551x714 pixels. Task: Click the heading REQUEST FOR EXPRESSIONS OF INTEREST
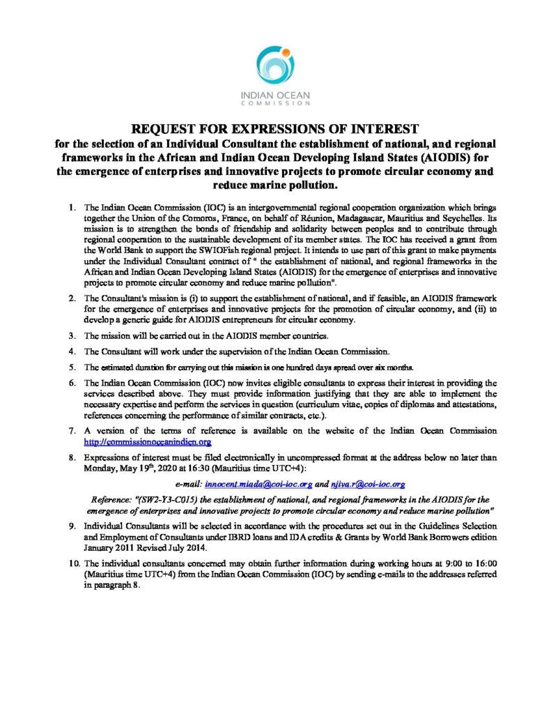275,129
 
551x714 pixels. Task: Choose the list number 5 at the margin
72,367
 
